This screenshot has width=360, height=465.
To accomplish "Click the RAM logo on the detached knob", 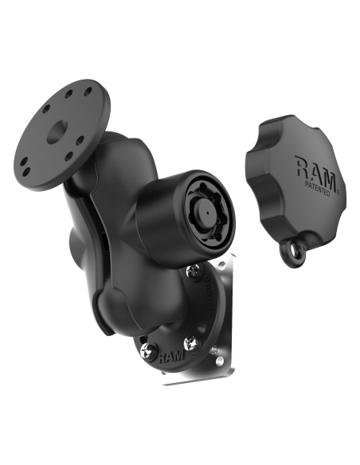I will [317, 168].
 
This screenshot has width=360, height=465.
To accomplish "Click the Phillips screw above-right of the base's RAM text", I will [192, 342].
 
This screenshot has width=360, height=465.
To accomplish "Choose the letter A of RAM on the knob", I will [317, 168].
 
